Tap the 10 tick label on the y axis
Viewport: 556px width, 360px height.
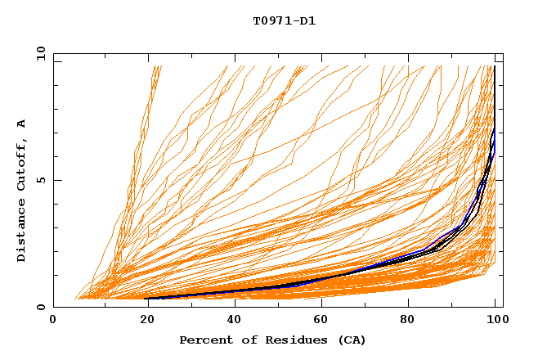[39, 53]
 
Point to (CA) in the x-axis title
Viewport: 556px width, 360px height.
[352, 340]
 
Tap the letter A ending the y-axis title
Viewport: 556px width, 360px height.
[22, 123]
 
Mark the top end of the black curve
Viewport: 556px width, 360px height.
[494, 66]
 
